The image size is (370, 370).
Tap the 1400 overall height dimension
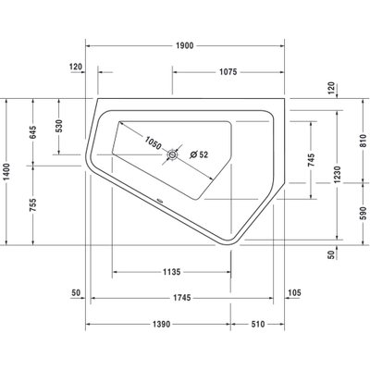pos(10,173)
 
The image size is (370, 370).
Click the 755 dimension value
pos(33,207)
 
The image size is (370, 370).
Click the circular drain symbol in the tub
pos(172,156)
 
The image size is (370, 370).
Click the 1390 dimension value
pos(161,324)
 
